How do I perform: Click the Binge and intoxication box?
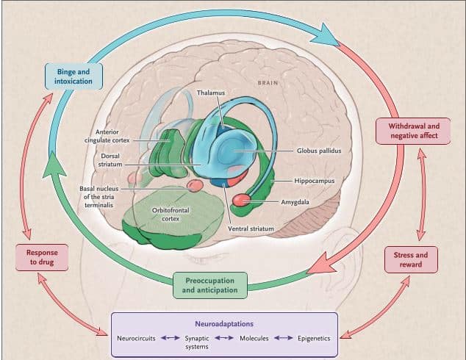coord(74,76)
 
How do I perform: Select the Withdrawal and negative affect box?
coord(414,132)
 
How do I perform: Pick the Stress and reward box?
coord(411,259)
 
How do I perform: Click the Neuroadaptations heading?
coord(223,323)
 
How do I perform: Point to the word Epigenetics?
coord(314,338)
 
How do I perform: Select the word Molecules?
coord(255,338)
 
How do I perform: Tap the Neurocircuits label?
coord(136,338)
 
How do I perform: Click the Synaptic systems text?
coord(196,342)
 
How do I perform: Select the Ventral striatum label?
coord(251,228)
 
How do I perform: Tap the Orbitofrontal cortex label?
coord(170,214)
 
